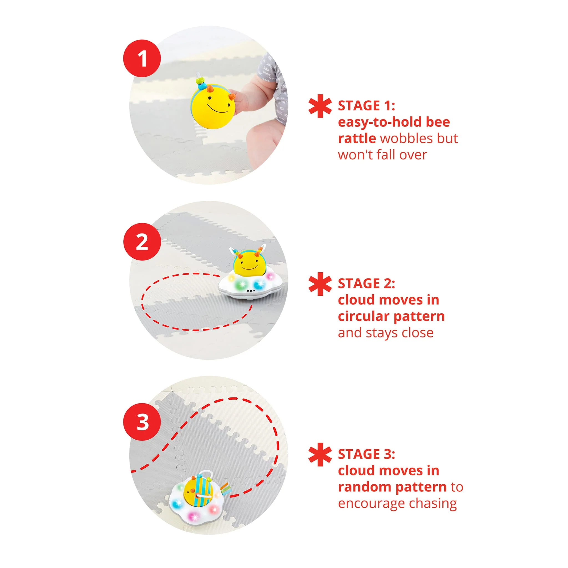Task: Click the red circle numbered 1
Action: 142,58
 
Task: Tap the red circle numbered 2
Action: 142,242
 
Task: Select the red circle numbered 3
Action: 142,422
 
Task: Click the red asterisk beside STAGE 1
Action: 320,106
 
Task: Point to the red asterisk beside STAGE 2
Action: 320,284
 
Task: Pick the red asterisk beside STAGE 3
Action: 320,455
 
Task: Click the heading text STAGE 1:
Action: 366,106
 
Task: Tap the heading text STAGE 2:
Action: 366,284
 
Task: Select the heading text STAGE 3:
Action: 366,455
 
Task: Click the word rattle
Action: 357,138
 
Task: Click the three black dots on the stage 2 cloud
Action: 250,291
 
